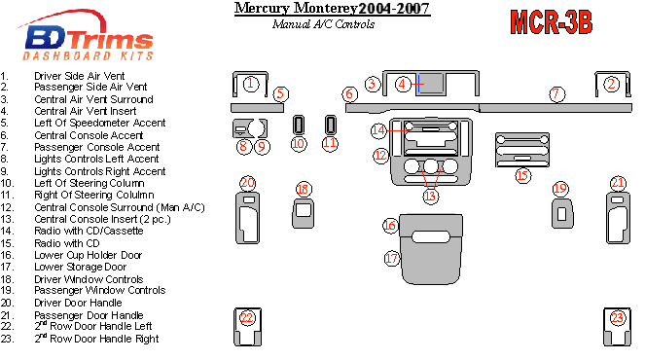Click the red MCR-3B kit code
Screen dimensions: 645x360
tap(552, 21)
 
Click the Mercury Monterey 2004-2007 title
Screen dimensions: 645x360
tap(333, 9)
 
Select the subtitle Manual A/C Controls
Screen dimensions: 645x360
tap(323, 24)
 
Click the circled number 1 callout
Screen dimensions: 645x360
tap(251, 84)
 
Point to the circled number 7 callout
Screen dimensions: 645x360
tap(556, 93)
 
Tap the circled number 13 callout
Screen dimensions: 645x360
tap(430, 196)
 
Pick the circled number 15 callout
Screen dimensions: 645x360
tap(522, 176)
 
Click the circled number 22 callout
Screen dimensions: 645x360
tap(247, 317)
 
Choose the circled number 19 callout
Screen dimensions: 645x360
tap(560, 189)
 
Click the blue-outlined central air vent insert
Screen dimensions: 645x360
tap(431, 84)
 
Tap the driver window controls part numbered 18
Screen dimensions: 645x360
tap(304, 213)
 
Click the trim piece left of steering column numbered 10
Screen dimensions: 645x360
tap(299, 125)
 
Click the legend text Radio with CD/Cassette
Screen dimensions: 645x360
tap(89, 231)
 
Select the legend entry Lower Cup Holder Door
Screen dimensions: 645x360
tap(88, 255)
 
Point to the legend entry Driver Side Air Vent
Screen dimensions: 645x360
tap(80, 76)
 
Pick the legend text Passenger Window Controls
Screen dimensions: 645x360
tap(100, 290)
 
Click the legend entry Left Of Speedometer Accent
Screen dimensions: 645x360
tap(100, 123)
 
